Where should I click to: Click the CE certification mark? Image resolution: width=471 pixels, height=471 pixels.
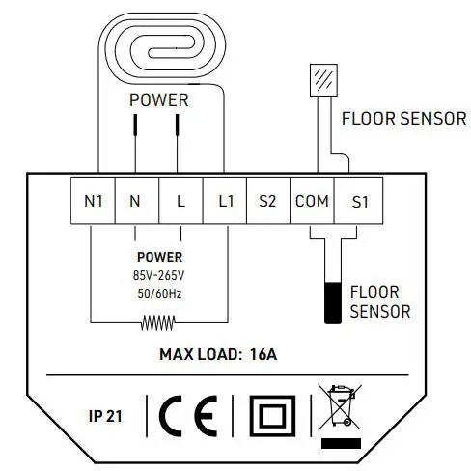tap(189, 415)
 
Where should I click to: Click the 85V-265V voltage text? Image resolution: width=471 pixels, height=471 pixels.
tap(159, 274)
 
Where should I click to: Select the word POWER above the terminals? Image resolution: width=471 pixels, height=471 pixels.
tap(159, 100)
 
